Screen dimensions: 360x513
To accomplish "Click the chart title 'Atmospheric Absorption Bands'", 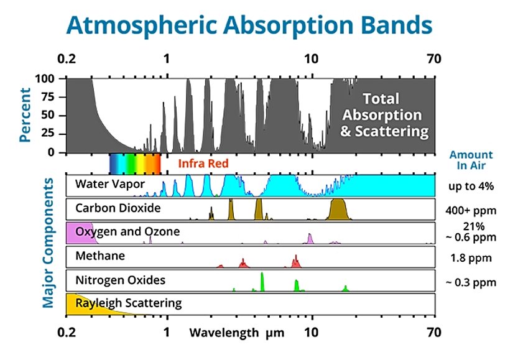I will click(249, 25).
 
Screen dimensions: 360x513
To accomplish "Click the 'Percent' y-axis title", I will click(25, 115).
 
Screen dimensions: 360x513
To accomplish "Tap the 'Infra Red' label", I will click(201, 164).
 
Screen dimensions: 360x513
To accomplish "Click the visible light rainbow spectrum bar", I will click(134, 164).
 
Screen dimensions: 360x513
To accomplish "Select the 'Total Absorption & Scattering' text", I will click(384, 115).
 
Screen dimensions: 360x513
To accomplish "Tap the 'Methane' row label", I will click(99, 256).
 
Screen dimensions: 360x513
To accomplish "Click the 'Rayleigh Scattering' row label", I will click(128, 303).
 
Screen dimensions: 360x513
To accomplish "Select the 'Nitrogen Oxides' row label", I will click(120, 280).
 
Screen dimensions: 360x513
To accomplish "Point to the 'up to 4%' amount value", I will click(471, 185).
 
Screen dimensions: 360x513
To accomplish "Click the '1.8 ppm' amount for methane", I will click(471, 257).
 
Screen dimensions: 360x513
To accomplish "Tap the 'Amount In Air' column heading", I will click(471, 160).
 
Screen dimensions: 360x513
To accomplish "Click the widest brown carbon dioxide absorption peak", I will click(339, 210).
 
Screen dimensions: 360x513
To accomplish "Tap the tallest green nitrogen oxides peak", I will click(262, 282).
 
